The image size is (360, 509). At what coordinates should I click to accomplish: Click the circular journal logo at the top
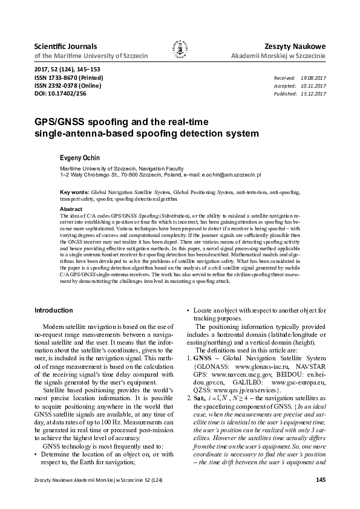tap(180, 51)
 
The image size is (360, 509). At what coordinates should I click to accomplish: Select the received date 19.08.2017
tap(313, 79)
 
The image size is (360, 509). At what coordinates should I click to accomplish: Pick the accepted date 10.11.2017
tap(313, 86)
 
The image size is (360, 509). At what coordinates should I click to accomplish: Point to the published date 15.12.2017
tap(313, 94)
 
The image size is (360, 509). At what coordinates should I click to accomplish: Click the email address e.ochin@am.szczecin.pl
tap(231, 174)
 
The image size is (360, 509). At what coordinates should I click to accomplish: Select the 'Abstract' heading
tap(71, 209)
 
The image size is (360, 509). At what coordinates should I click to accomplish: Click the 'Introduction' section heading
tap(54, 310)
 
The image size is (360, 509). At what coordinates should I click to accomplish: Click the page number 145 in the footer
tap(321, 481)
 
